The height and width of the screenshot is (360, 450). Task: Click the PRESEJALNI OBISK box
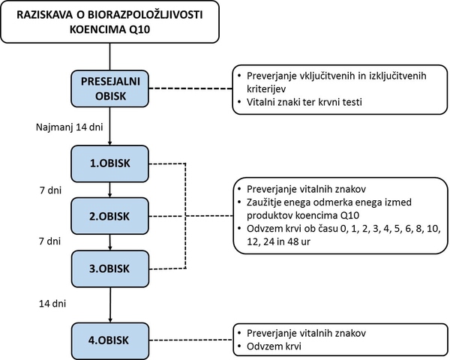tap(110, 88)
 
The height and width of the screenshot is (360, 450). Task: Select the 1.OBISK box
tap(110, 163)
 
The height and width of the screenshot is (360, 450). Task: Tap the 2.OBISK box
tap(110, 216)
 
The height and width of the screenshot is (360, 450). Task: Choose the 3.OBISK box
tap(110, 268)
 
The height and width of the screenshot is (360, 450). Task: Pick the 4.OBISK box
tap(110, 340)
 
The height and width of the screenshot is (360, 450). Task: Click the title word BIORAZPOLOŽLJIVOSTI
tap(145, 15)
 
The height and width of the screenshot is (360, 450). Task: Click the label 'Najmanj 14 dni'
tap(70, 127)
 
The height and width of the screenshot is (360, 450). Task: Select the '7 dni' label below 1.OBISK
tap(50, 190)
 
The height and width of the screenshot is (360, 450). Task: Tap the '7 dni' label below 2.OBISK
tap(50, 241)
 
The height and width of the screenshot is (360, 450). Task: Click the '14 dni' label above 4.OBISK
tap(52, 304)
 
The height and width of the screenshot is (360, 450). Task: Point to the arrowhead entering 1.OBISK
tap(110, 143)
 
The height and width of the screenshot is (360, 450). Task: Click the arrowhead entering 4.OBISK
tap(110, 320)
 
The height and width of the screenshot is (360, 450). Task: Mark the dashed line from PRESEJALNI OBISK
tap(190, 88)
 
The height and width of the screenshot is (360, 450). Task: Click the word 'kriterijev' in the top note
tap(266, 89)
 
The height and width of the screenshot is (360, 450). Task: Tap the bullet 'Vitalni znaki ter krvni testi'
tap(300, 102)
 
